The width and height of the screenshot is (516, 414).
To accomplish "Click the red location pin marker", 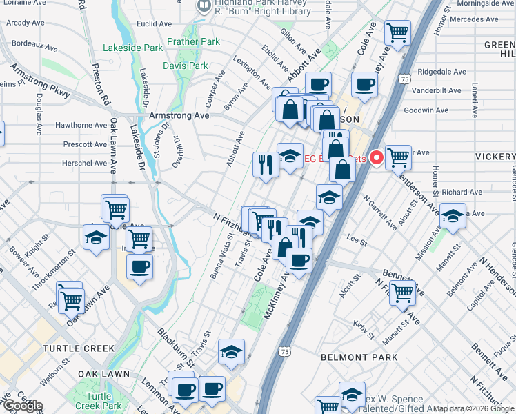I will point(377,158).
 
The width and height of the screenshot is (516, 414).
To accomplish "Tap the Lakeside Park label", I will point(132,48).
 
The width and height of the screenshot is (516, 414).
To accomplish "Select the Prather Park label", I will point(193,42).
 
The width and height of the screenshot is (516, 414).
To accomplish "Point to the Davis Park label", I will point(185,66).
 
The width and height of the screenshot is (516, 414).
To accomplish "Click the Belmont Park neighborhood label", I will point(359,357).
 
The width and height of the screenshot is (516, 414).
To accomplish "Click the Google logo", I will point(23,406).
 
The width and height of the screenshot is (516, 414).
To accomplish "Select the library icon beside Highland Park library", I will point(204,6).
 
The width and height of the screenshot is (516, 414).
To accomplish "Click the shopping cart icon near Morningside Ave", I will point(397,32).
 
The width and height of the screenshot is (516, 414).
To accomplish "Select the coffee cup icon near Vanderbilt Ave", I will point(364,84).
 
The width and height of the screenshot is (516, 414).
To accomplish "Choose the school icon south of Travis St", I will point(231,351).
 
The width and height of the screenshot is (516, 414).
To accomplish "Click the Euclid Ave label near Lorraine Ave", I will point(155,23).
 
